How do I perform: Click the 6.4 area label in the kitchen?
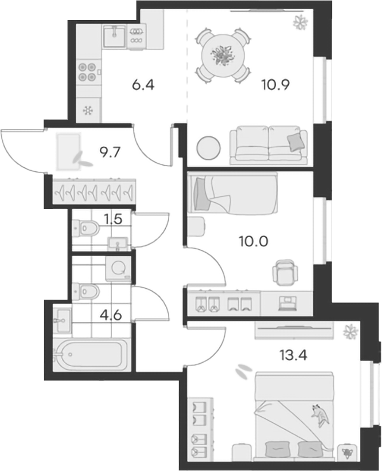(x=143, y=85)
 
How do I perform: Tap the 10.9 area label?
(x=275, y=85)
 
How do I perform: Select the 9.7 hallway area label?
(x=110, y=152)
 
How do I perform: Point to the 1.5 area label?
(x=113, y=219)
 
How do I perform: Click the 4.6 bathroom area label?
(x=111, y=315)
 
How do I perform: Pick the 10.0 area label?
(x=254, y=241)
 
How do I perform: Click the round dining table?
(x=223, y=56)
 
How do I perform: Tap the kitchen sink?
(x=114, y=36)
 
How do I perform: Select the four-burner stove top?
(x=87, y=72)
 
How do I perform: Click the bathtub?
(x=89, y=355)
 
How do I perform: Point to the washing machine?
(x=118, y=269)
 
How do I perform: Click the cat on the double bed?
(x=320, y=415)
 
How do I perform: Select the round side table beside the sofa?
(x=208, y=148)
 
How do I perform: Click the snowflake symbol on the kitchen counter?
(x=88, y=111)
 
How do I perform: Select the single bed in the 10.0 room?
(x=232, y=193)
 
